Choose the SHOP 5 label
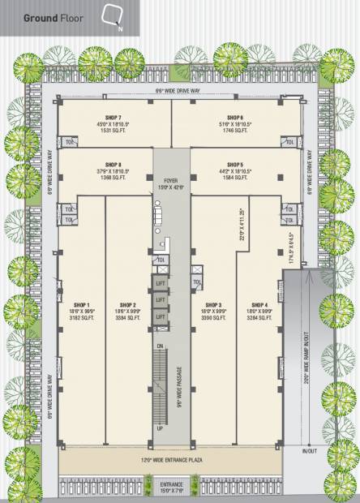[x=235, y=164]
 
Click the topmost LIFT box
[x=161, y=282]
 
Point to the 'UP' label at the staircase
[x=161, y=428]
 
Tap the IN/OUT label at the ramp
[x=309, y=450]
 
